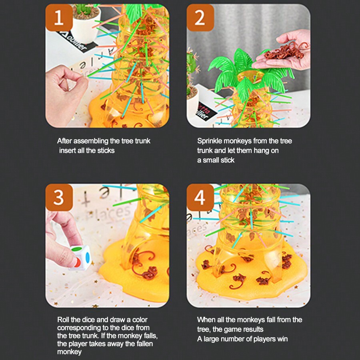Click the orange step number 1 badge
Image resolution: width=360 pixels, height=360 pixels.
[59, 18]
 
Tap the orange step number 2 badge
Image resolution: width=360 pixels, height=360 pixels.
[200, 18]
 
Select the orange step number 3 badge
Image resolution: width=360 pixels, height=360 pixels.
[59, 198]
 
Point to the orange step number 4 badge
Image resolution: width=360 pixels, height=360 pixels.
[200, 198]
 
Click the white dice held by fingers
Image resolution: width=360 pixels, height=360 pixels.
[80, 257]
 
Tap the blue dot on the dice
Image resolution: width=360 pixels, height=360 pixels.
[87, 257]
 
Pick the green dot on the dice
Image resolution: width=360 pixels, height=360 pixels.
[77, 249]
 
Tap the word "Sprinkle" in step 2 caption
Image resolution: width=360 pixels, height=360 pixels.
[210, 141]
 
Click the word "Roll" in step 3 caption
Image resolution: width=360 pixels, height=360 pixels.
[63, 320]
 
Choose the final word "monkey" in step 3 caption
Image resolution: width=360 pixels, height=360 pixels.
[69, 352]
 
